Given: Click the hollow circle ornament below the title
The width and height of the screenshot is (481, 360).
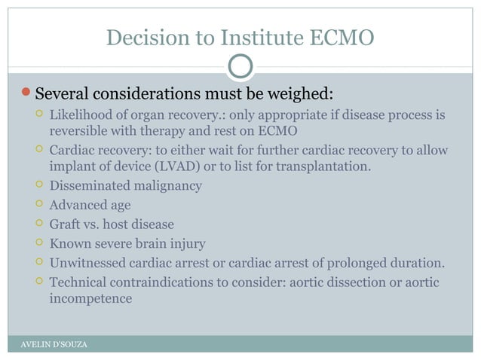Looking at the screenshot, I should pos(240,67).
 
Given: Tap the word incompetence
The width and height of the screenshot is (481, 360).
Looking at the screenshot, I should pos(90,298).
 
